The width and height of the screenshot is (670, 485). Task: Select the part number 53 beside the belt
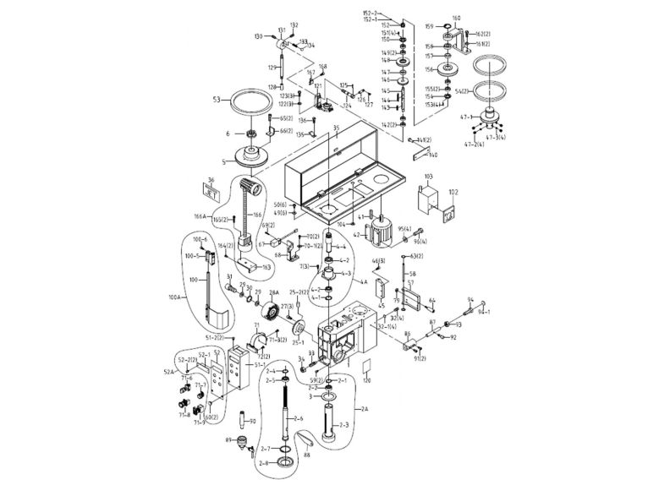click(217, 100)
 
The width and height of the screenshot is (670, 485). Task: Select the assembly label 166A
click(200, 217)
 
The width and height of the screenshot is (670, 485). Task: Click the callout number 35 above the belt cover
click(336, 128)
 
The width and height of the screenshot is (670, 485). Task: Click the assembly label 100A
click(176, 297)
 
